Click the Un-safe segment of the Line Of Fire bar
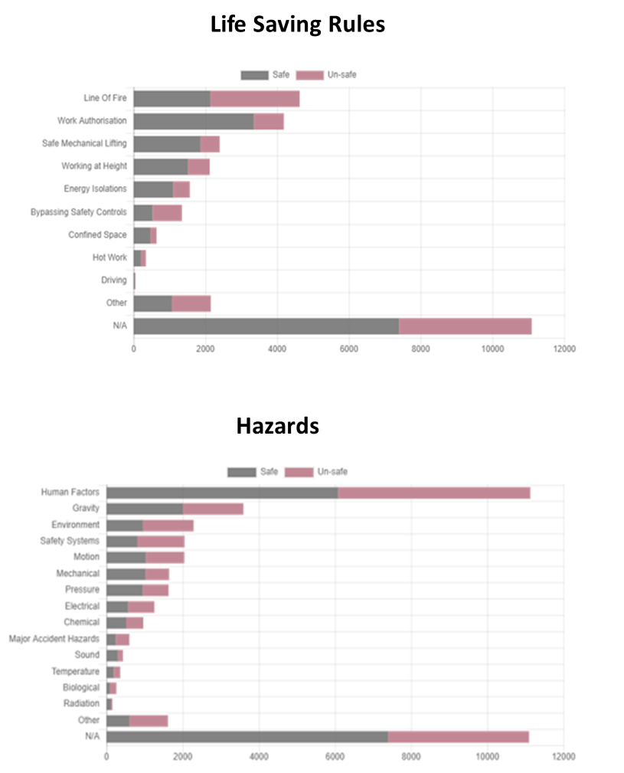[255, 98]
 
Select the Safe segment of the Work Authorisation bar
[194, 121]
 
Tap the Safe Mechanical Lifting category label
[84, 143]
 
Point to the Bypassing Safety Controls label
[79, 211]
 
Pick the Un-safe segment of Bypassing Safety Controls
[167, 212]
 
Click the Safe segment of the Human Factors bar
[222, 493]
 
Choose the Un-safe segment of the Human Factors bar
[433, 493]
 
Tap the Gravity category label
[86, 509]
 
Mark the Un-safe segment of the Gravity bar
[213, 509]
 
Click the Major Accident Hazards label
[54, 639]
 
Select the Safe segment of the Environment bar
[124, 526]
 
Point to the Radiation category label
[81, 703]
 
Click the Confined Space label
[97, 234]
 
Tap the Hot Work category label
[109, 257]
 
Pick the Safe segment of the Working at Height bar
[161, 166]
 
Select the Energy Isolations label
[95, 188]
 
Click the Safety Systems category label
[70, 541]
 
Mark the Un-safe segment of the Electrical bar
[141, 607]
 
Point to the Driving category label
[114, 280]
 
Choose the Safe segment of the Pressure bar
[124, 590]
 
